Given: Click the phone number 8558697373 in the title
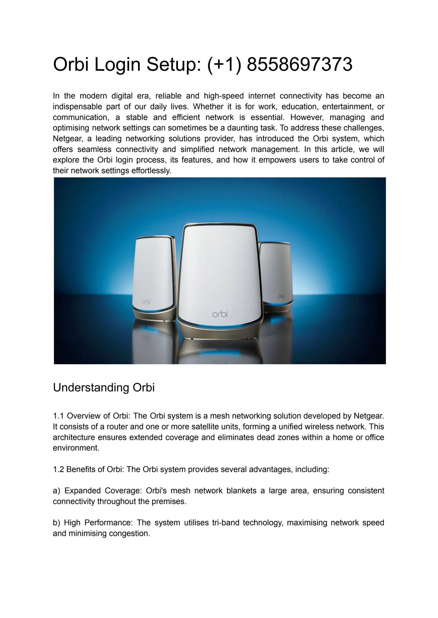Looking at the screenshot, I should pos(299,65).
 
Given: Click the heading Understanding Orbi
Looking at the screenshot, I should pos(104,387).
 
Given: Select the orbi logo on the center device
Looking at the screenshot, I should pos(220,314).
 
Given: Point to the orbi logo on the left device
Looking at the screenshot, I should pos(146,301).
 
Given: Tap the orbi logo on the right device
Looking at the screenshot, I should pos(281,297).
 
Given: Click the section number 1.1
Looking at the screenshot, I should pos(58,416).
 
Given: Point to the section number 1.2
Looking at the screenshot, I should pos(58,469).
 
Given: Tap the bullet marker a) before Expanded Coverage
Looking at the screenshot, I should pos(56,491).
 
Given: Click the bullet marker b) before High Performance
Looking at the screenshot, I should pos(56,523).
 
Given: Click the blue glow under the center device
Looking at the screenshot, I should pos(220,325).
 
